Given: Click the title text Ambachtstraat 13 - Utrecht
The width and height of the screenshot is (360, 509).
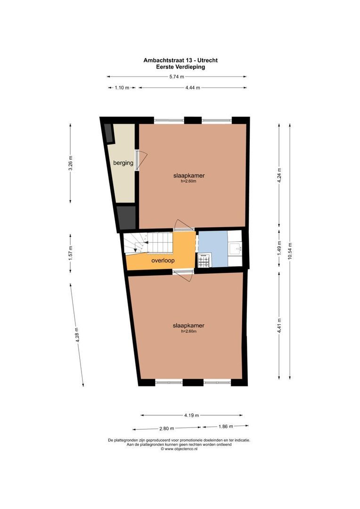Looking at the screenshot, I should (x=180, y=60).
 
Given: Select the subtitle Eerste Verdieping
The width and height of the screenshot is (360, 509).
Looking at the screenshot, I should (x=180, y=67).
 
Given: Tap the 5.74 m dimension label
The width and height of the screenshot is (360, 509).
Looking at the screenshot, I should (x=176, y=77).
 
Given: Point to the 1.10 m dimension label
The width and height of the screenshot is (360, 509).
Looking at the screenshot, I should (x=122, y=88).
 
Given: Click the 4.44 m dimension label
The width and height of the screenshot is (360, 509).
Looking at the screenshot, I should (x=192, y=88).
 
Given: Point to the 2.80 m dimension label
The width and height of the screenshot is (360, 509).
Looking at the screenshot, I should (x=167, y=428).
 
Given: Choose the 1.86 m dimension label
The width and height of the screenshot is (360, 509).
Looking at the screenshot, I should (x=226, y=427).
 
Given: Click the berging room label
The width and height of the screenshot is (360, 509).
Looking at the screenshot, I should (x=123, y=163).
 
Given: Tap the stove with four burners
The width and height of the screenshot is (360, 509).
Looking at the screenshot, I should (x=204, y=259).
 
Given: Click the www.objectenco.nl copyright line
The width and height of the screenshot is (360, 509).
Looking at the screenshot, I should (x=179, y=449).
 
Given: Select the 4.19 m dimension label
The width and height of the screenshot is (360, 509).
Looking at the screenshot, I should (x=192, y=415).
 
